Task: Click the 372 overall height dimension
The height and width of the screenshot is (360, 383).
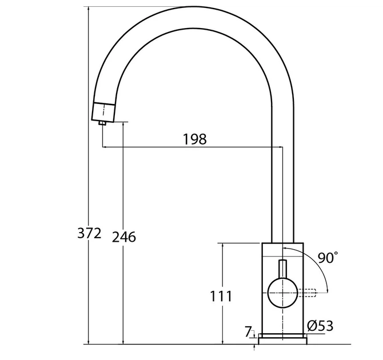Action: (89, 233)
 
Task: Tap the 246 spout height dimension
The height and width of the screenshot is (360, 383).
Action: (124, 237)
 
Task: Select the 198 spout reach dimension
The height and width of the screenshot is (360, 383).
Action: (195, 139)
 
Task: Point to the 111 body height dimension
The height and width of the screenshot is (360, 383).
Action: (221, 296)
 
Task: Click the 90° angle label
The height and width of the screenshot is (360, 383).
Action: (328, 257)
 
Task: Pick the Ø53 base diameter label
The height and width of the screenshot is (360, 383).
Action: (320, 326)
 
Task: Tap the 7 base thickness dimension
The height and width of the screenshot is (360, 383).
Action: (248, 331)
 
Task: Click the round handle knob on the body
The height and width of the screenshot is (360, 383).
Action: (282, 293)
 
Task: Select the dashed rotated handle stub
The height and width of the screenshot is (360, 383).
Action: (307, 293)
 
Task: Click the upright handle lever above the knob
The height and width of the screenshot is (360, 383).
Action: (282, 269)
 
